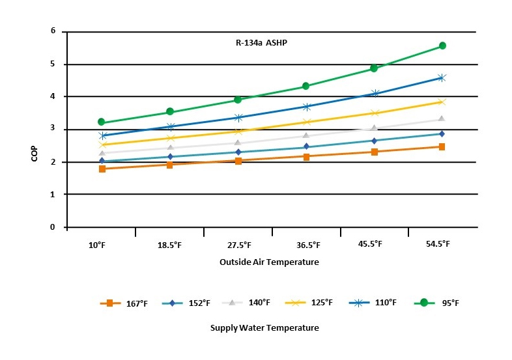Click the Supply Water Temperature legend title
coord(264,327)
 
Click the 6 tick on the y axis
coord(53,31)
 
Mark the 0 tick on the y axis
coord(53,227)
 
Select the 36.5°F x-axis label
coord(308,245)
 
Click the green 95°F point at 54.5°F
coord(442,46)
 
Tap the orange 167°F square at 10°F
coord(102,169)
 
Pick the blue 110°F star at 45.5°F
coord(375,93)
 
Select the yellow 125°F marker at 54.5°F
coord(442,102)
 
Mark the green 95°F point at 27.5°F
coord(238,100)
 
